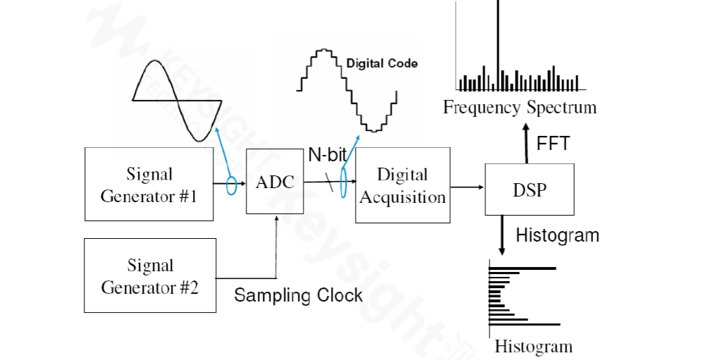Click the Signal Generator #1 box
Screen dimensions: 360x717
[149, 184]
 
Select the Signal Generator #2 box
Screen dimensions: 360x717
[149, 275]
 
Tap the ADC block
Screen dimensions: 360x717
[274, 182]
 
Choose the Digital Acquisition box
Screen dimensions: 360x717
[402, 185]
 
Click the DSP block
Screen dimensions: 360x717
[529, 188]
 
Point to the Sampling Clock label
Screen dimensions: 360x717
[299, 295]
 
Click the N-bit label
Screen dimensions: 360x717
[327, 155]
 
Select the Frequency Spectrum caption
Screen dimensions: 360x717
[519, 108]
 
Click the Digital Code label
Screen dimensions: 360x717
[382, 63]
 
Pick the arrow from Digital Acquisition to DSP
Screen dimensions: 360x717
[467, 187]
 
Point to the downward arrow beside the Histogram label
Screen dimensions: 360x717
[501, 235]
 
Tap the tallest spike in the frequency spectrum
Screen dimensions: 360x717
[498, 42]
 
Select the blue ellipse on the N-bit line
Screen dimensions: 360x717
[344, 182]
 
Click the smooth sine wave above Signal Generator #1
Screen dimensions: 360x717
[177, 100]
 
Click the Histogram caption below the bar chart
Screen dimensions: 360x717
[533, 347]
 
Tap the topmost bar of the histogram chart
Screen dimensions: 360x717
[522, 268]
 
